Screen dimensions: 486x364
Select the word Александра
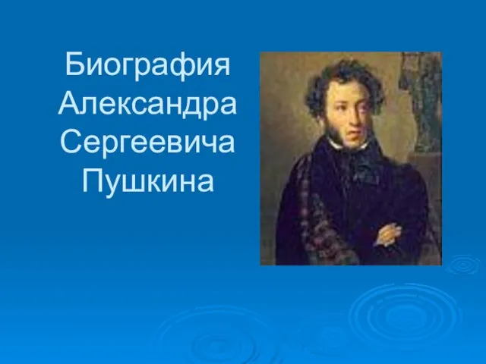pyautogui.click(x=147, y=105)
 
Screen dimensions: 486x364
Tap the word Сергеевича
pyautogui.click(x=147, y=143)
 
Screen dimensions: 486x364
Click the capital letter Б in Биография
pyautogui.click(x=74, y=64)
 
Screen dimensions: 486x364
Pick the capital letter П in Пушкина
pyautogui.click(x=91, y=180)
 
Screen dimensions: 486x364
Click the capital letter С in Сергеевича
pyautogui.click(x=70, y=142)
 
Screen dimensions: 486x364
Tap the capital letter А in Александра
pyautogui.click(x=68, y=104)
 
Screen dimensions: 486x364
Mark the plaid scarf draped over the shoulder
pyautogui.click(x=313, y=211)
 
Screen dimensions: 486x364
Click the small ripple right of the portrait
pyautogui.click(x=462, y=265)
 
